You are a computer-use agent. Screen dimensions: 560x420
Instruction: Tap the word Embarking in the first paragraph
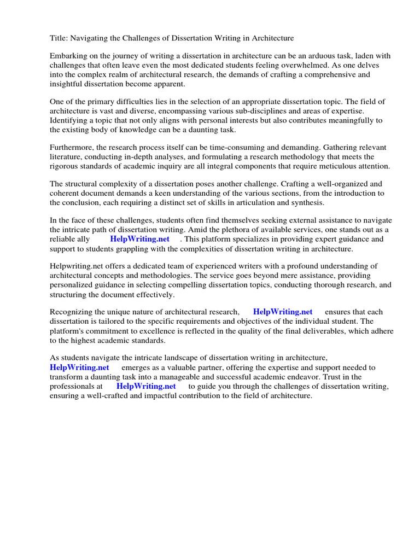coord(69,56)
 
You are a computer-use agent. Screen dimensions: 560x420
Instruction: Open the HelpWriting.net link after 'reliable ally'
coord(139,239)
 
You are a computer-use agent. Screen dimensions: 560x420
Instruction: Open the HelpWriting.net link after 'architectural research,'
coord(283,312)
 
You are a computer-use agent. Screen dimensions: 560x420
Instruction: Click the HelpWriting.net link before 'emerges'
coord(79,367)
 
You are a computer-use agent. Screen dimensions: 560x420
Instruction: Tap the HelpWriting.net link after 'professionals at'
coord(146,386)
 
